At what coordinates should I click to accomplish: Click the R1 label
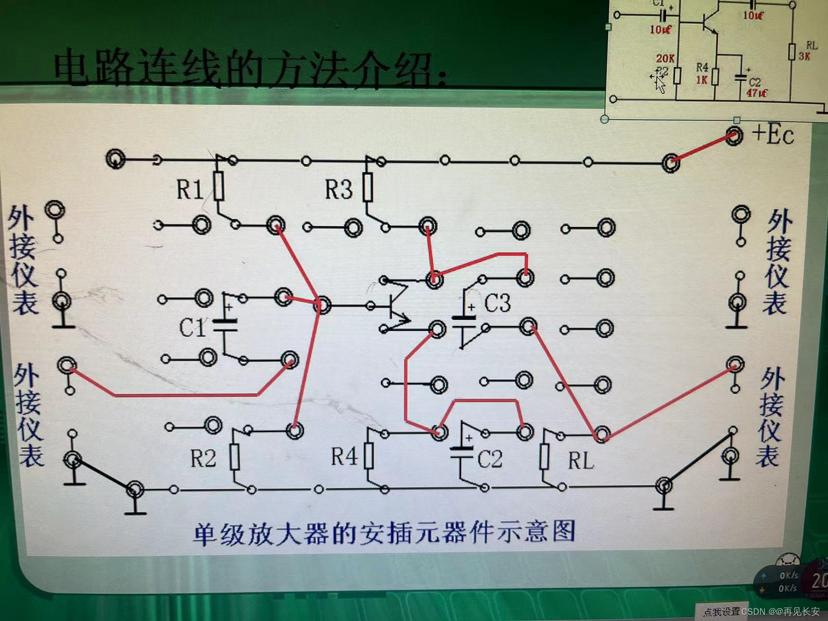click(x=189, y=189)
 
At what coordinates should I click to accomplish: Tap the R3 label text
click(x=338, y=189)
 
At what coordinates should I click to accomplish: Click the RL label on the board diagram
click(x=581, y=460)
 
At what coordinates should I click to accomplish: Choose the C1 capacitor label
click(x=193, y=328)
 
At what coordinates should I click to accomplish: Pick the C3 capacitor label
click(x=497, y=304)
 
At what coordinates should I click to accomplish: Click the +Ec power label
click(x=773, y=134)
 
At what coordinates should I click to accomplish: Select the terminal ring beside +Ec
click(x=734, y=136)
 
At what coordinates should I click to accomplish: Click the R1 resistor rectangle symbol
click(x=219, y=185)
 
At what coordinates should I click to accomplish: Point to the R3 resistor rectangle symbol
click(x=368, y=187)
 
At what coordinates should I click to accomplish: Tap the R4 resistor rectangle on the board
click(x=369, y=456)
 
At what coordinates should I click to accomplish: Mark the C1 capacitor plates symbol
click(x=225, y=326)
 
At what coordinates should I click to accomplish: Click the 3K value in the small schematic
click(x=805, y=56)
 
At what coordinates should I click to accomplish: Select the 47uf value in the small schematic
click(x=756, y=92)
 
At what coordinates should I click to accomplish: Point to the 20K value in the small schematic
click(x=665, y=58)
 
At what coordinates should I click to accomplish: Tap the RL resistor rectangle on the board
click(x=544, y=457)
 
